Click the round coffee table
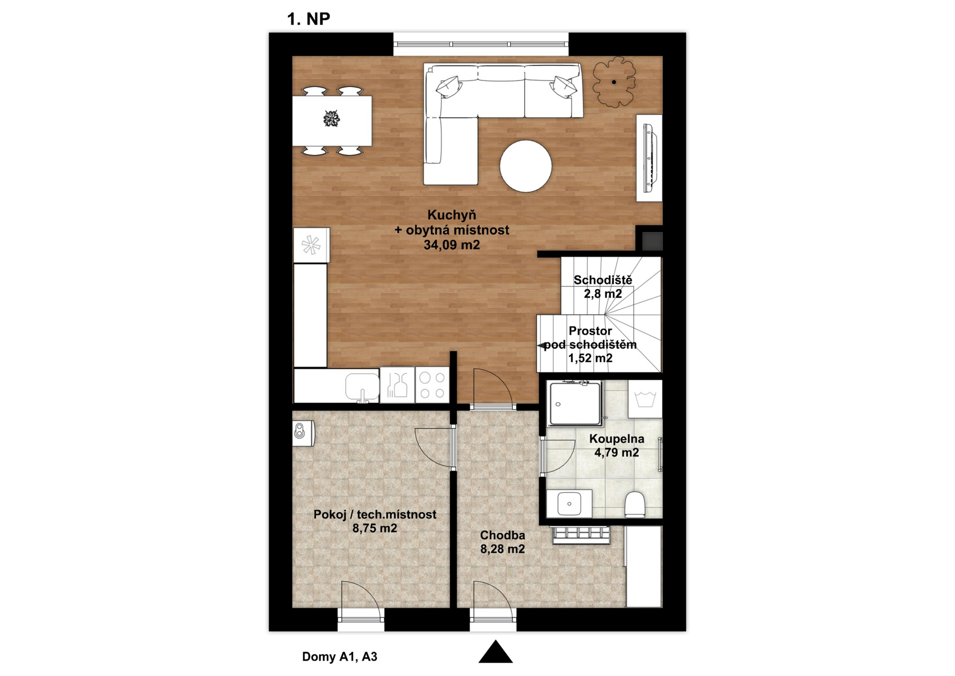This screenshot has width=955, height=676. click(526, 166)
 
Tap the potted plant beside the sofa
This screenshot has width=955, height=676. click(614, 82)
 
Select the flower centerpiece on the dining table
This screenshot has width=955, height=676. click(331, 119)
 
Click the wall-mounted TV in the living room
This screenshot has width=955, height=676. click(650, 158)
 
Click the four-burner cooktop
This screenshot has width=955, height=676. click(432, 385)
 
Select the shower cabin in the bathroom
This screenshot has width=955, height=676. click(575, 404)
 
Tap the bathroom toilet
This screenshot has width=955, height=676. click(634, 504)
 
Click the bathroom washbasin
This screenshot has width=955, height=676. click(570, 504)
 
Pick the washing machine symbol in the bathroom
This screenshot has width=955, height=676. click(645, 399)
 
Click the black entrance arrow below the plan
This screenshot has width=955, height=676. click(495, 652)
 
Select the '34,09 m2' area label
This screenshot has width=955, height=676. click(452, 245)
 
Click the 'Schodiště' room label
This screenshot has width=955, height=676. click(603, 280)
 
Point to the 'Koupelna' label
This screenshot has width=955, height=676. click(617, 439)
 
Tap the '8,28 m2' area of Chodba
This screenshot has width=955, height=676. click(502, 549)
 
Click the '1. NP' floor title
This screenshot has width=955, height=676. click(308, 19)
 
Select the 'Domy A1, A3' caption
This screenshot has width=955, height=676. click(340, 657)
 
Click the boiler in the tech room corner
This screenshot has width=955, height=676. click(303, 433)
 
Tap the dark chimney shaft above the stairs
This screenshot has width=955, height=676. click(652, 241)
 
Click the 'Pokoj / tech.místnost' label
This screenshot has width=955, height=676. click(375, 515)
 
